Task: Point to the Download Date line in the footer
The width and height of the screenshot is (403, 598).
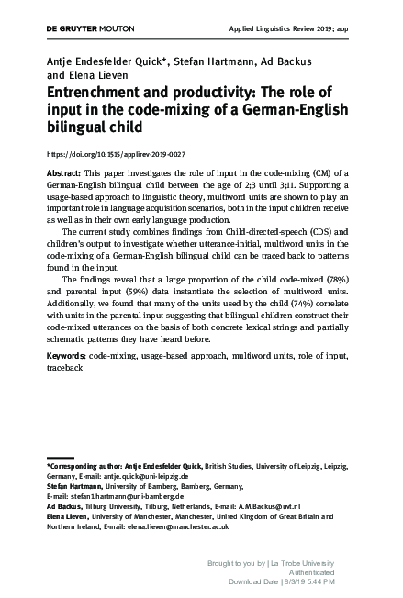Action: click(x=281, y=581)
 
